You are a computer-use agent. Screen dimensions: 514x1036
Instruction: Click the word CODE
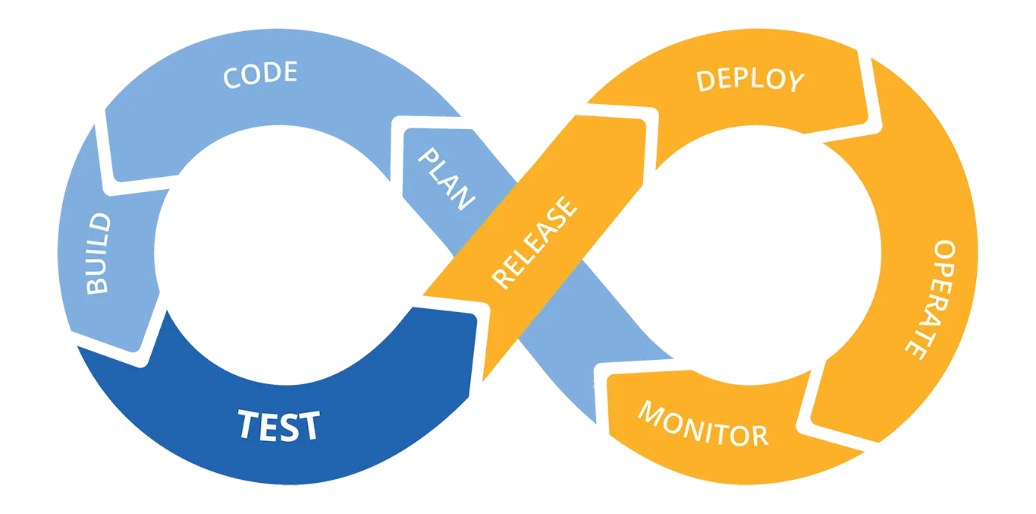(x=259, y=75)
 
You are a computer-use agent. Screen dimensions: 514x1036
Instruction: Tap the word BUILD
(x=98, y=254)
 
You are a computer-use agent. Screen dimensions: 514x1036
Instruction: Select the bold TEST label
(x=278, y=426)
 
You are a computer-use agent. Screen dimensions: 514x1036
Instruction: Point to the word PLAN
(x=447, y=179)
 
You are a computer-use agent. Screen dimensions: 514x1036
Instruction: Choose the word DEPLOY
(x=749, y=80)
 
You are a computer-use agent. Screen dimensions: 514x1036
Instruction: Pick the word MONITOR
(x=702, y=424)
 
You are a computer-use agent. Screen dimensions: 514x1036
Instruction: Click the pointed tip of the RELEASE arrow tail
(x=422, y=295)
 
